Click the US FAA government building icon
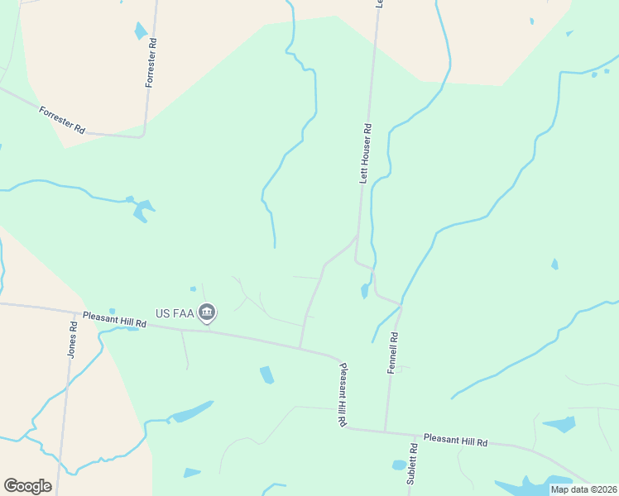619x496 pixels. pyautogui.click(x=207, y=312)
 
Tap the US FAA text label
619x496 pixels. pyautogui.click(x=175, y=314)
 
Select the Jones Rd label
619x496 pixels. pyautogui.click(x=73, y=340)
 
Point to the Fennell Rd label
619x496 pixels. pyautogui.click(x=393, y=353)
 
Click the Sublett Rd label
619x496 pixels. pyautogui.click(x=411, y=463)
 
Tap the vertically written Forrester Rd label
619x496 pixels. pyautogui.click(x=151, y=62)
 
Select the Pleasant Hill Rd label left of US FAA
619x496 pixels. pyautogui.click(x=114, y=319)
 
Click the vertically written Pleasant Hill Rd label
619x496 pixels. pyautogui.click(x=341, y=393)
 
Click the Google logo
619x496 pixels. pyautogui.click(x=27, y=485)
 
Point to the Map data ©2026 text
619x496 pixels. pyautogui.click(x=583, y=489)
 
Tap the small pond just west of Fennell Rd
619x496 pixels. pyautogui.click(x=364, y=291)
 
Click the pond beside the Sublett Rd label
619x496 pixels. pyautogui.click(x=399, y=465)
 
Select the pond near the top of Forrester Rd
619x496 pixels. pyautogui.click(x=141, y=31)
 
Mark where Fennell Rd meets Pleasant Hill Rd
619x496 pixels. pyautogui.click(x=385, y=431)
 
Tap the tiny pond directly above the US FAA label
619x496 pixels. pyautogui.click(x=193, y=289)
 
